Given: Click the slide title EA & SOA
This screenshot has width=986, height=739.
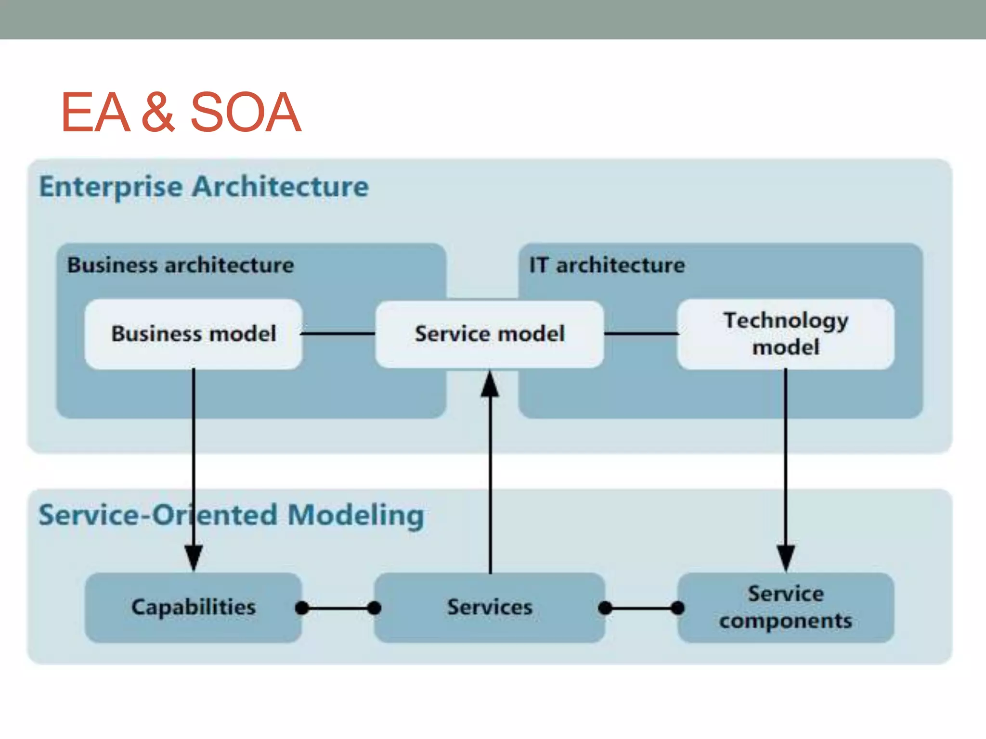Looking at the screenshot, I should tap(181, 112).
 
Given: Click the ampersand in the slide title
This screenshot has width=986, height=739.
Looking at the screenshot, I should tap(158, 112).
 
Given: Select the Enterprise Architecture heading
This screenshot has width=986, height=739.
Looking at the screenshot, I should tap(204, 187).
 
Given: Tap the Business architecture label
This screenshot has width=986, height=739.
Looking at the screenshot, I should tap(181, 265).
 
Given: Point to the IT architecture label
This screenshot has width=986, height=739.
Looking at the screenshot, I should tap(607, 265).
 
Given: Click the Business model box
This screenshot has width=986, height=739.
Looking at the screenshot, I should tap(194, 334).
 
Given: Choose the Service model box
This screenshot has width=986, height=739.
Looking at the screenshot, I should tap(490, 334).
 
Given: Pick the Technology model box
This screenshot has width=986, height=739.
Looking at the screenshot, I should tap(786, 334).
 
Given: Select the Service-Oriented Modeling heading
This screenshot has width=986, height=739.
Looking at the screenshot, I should tap(231, 515).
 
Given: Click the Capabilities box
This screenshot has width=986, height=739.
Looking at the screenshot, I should tap(194, 607).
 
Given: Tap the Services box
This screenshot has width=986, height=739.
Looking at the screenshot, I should tap(490, 607).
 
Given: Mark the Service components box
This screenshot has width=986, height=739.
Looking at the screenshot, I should tap(786, 607).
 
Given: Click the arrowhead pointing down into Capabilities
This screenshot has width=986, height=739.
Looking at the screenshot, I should tap(194, 558).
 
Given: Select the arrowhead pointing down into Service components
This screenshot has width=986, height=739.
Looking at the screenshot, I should tap(786, 558).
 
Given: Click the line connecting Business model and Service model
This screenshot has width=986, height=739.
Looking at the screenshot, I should tap(338, 333).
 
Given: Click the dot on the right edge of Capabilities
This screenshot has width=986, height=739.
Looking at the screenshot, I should tap(302, 608).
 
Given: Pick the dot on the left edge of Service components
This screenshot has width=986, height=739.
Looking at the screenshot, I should tap(677, 608).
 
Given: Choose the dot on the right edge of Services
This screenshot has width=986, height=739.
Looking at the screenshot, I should tap(605, 608).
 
